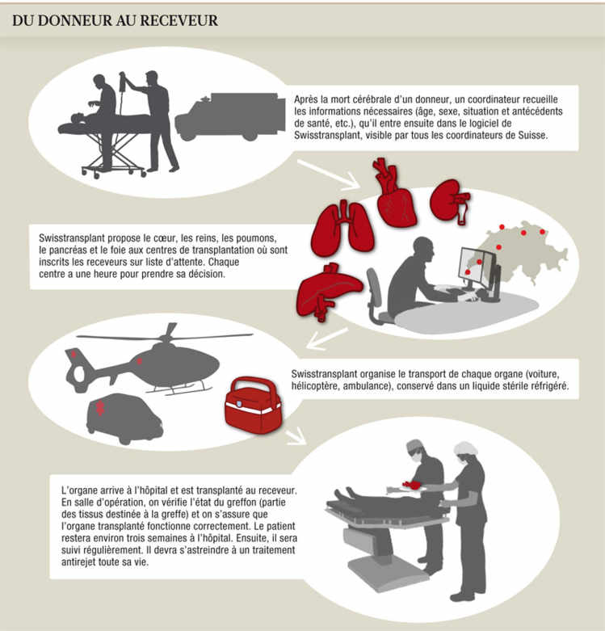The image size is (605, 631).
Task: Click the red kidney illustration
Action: point(450,201)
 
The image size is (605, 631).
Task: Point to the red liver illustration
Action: point(326,291)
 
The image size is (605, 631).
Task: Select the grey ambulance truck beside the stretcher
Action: point(230,116)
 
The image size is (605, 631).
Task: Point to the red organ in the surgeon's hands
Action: point(411,485)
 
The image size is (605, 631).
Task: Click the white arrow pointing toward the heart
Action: point(329,174)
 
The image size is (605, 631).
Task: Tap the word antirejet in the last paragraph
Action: point(78,562)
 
